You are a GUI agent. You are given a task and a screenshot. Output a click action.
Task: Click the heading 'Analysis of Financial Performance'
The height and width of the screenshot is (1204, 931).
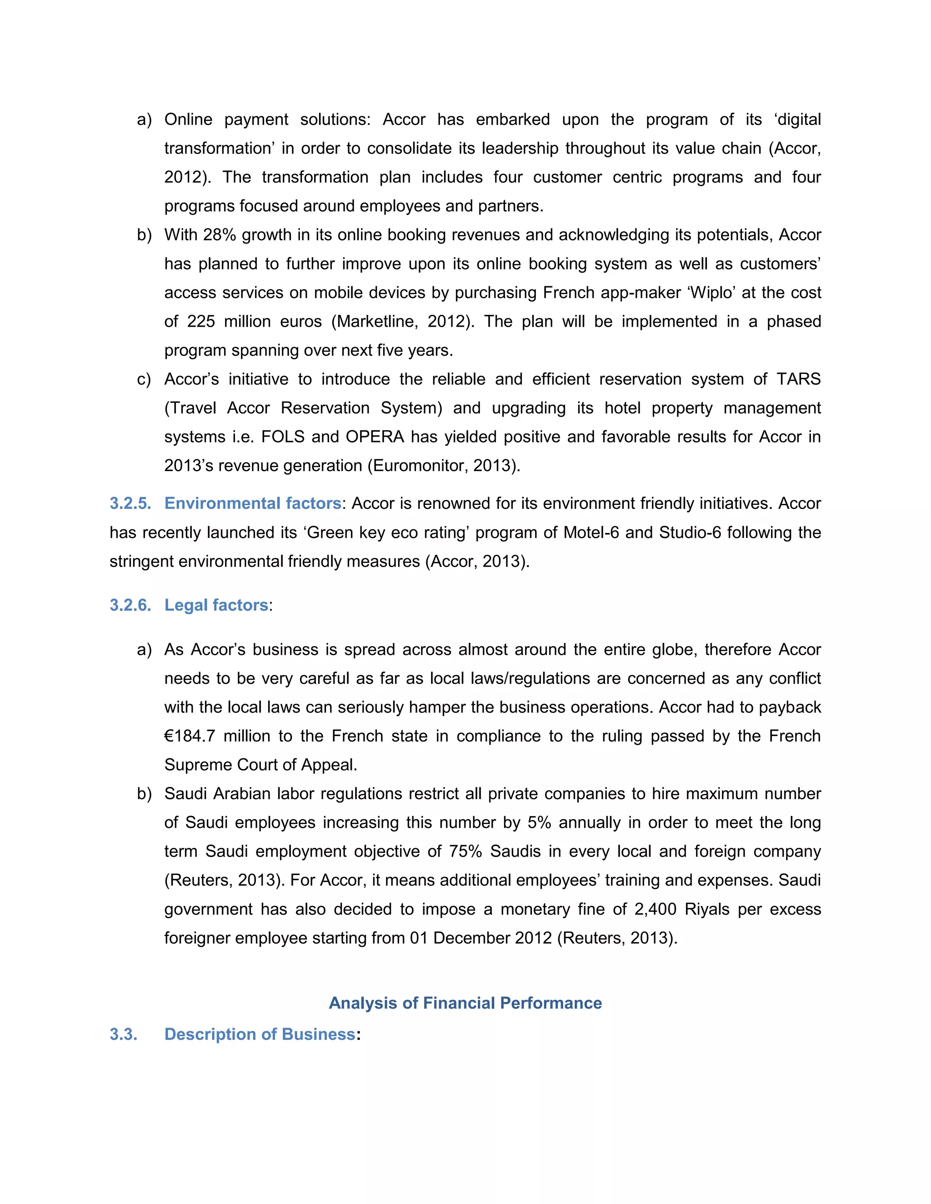[x=465, y=1003]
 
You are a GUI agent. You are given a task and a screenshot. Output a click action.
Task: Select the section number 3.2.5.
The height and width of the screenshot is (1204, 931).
[x=130, y=503]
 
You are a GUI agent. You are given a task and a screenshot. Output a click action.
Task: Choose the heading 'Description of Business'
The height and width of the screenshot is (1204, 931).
[x=259, y=1034]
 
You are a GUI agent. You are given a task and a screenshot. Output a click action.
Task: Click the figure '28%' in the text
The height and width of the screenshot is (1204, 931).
[x=220, y=235]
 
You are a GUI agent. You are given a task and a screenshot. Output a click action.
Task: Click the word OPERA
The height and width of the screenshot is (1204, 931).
[x=375, y=437]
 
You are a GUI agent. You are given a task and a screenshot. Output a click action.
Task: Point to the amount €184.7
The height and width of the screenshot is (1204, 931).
[x=190, y=736]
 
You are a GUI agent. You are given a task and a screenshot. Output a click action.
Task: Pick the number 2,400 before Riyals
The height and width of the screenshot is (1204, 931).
[x=655, y=909]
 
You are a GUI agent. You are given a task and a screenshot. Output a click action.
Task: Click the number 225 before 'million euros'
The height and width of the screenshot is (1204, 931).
[x=201, y=321]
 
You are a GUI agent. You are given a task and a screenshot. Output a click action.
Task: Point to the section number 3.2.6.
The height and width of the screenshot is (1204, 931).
[x=130, y=605]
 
